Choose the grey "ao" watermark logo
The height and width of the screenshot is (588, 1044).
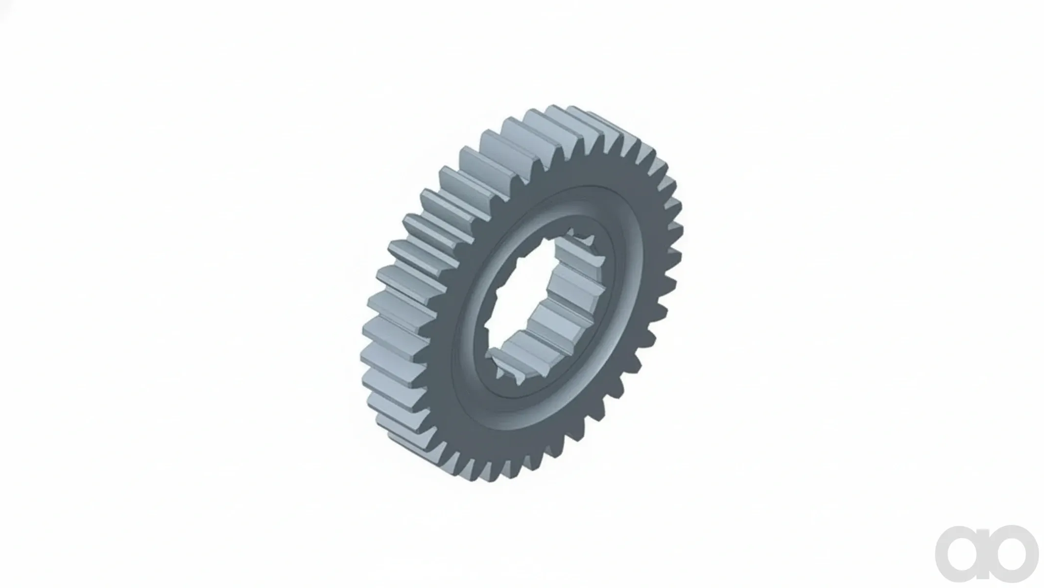pos(987,554)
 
